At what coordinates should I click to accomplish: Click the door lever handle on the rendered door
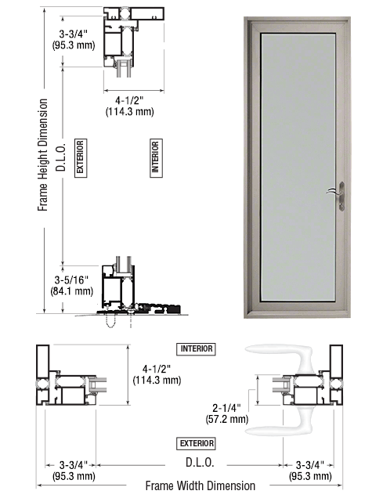(x=338, y=196)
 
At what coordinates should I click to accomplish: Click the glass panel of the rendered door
(x=298, y=167)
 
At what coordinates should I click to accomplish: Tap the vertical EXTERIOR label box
(x=81, y=158)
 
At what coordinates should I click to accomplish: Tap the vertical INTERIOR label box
(x=156, y=158)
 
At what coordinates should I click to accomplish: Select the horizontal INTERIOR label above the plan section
(x=197, y=349)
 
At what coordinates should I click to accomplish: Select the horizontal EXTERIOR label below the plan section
(x=197, y=443)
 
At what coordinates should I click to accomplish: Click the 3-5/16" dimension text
(x=71, y=280)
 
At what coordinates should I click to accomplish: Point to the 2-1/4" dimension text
(x=226, y=408)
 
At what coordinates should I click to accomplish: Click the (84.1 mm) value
(x=72, y=291)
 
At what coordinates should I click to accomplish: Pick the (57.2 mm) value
(x=227, y=419)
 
